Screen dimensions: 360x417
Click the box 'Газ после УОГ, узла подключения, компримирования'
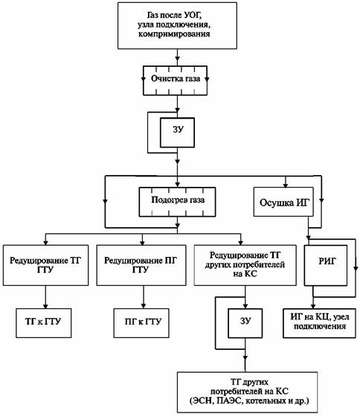click(x=177, y=25)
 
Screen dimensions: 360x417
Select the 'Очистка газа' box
click(x=175, y=80)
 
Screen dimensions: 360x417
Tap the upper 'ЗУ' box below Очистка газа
click(x=177, y=133)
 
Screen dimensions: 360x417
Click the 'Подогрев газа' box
click(x=177, y=202)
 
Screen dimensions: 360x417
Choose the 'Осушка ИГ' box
click(x=283, y=202)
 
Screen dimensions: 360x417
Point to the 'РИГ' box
click(x=326, y=265)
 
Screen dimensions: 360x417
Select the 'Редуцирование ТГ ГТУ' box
click(x=45, y=265)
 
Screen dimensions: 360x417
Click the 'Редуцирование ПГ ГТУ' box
click(x=141, y=265)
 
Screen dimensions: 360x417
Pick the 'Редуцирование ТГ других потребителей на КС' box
click(x=245, y=265)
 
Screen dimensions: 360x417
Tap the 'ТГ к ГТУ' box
click(x=44, y=323)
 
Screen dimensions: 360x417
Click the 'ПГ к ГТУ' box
click(x=141, y=323)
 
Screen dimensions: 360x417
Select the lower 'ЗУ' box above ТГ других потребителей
click(x=245, y=323)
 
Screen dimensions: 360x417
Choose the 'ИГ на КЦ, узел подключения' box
click(x=319, y=323)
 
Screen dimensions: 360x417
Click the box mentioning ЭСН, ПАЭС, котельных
click(x=248, y=392)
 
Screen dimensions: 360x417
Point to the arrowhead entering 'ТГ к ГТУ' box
click(x=45, y=306)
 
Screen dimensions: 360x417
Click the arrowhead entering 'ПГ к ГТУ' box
click(x=144, y=306)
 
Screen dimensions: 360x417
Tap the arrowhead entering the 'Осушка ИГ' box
click(x=286, y=185)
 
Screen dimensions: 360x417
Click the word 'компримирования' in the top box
click(x=174, y=34)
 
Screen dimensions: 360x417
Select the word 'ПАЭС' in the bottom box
click(x=229, y=401)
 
